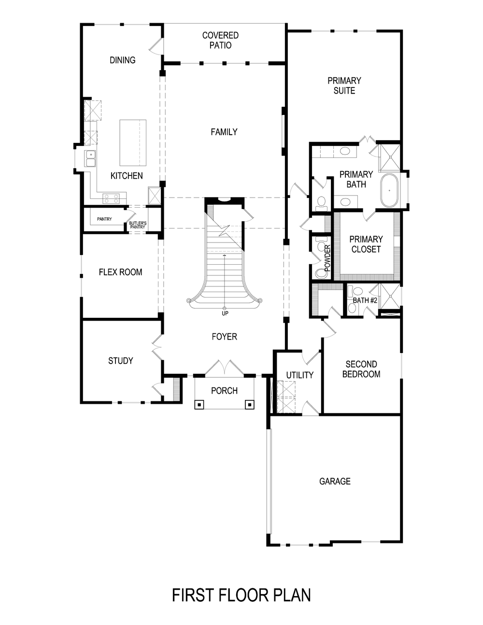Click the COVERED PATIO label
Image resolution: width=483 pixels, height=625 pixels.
click(220, 40)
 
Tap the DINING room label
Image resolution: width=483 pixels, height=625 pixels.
click(122, 60)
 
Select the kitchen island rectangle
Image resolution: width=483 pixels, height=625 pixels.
click(132, 142)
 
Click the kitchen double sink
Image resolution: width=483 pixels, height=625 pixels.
click(90, 159)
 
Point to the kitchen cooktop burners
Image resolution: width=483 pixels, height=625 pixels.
click(111, 197)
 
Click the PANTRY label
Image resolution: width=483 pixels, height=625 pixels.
click(104, 219)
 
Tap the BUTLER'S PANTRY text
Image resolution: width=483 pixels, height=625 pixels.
click(138, 225)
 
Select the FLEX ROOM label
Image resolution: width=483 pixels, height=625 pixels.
click(120, 272)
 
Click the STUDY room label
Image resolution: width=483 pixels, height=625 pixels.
click(120, 360)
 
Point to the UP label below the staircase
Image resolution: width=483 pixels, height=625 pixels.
click(225, 313)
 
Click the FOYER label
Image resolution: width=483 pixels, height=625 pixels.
click(224, 336)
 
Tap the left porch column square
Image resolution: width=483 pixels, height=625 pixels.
click(199, 405)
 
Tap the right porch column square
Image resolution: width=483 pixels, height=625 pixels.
click(250, 405)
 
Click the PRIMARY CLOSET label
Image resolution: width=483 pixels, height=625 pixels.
click(366, 244)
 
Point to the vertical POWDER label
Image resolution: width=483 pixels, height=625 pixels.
click(327, 257)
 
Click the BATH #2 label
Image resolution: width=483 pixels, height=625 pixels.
click(365, 300)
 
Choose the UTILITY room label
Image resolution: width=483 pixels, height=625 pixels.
click(299, 375)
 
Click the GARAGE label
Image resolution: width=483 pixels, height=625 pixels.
click(335, 481)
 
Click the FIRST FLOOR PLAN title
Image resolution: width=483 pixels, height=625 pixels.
click(241, 595)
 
